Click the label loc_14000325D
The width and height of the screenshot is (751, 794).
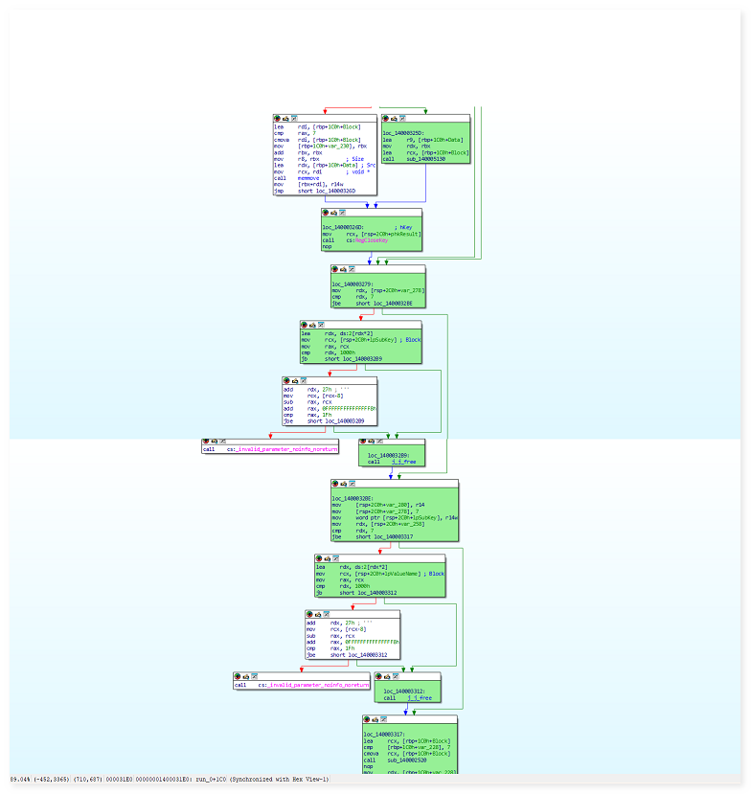pyautogui.click(x=410, y=133)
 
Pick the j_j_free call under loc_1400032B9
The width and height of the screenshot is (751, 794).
pyautogui.click(x=406, y=462)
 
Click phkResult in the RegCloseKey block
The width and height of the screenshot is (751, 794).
pyautogui.click(x=401, y=234)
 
